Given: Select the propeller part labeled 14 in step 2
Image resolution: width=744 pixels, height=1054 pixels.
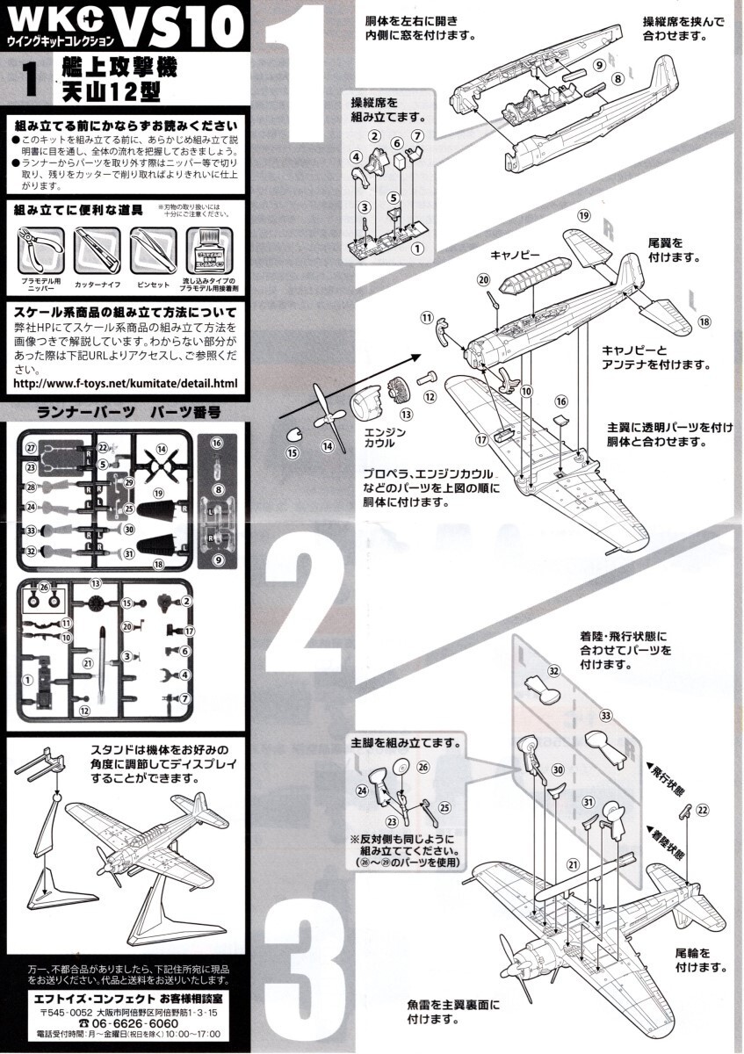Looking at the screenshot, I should (x=327, y=419).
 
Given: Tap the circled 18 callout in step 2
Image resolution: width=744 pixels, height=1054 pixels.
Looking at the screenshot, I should (x=704, y=322).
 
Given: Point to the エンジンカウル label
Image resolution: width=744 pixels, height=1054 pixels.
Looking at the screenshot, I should (x=384, y=437).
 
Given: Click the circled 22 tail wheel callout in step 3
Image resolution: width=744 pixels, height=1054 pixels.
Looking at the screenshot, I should (x=701, y=809).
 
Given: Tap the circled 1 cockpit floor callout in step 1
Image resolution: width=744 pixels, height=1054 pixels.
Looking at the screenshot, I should (x=417, y=249).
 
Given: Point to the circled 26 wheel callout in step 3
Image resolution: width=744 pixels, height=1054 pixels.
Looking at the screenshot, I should (x=423, y=767).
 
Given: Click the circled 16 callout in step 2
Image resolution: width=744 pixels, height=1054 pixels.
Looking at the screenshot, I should (x=560, y=401).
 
